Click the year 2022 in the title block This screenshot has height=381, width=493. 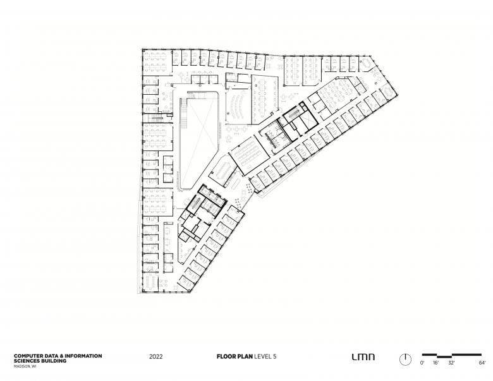click(156, 356)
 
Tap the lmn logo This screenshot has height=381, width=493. click(363, 357)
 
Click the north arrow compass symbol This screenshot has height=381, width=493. click(405, 360)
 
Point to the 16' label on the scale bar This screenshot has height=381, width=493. click(435, 363)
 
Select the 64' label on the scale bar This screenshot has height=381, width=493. click(482, 363)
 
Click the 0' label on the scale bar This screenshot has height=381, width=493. click(422, 363)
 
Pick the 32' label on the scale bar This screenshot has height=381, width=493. click(451, 363)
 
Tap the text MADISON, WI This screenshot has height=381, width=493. click(25, 366)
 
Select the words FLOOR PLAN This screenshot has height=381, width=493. click(234, 356)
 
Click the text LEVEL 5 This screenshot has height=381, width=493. click(265, 356)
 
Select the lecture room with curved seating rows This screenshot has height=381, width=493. click(238, 106)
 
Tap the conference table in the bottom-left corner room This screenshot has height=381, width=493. click(151, 282)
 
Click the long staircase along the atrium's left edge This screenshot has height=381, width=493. click(183, 113)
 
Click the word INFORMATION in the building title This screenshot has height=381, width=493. click(85, 356)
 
